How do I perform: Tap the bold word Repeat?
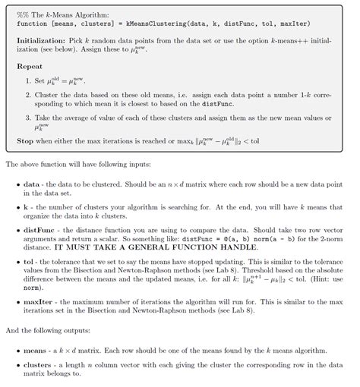[x=30, y=66]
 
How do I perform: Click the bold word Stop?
[x=26, y=141]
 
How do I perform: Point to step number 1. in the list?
[x=28, y=80]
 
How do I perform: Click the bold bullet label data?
[x=31, y=184]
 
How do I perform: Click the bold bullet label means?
[x=35, y=351]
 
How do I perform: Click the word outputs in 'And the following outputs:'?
[x=76, y=331]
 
